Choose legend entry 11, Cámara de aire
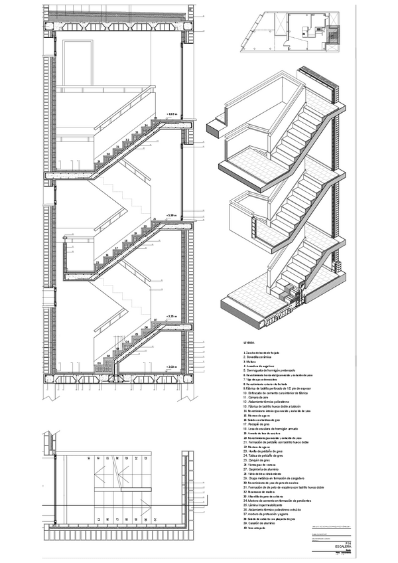[259, 397]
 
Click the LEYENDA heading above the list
[250, 342]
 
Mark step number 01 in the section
[99, 363]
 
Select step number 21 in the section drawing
[154, 218]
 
